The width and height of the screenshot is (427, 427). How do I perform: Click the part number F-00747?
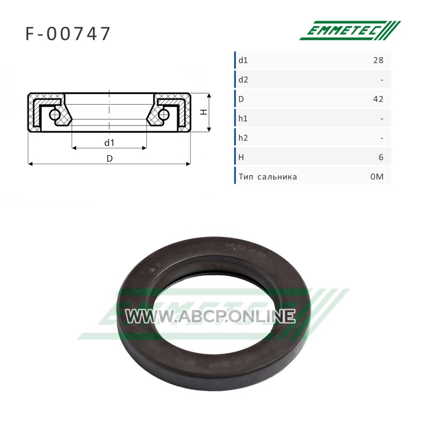point(68,34)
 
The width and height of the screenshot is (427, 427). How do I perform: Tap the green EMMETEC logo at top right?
point(350,30)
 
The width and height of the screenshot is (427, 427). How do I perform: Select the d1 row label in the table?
point(243,60)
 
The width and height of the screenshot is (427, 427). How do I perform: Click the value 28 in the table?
point(378,60)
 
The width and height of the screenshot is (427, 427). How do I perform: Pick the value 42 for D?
point(378,99)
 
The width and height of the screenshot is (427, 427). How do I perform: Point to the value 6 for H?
point(381,157)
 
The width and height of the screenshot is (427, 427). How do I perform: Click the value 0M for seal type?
point(377,177)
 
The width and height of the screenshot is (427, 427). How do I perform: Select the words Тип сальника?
point(268,177)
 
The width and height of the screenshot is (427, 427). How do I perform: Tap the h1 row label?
point(243,118)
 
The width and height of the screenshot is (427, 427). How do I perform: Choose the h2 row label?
point(243,138)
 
